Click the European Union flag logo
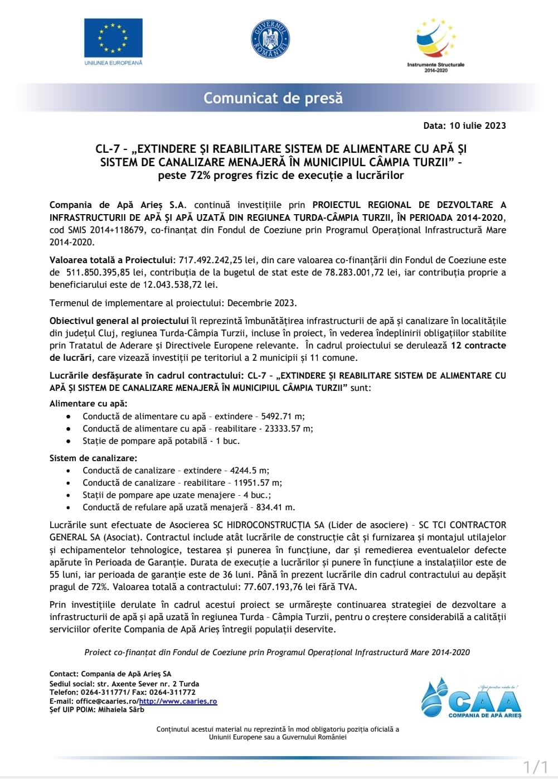pyautogui.click(x=113, y=37)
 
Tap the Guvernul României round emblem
pyautogui.click(x=270, y=39)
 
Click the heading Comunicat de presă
pyautogui.click(x=273, y=98)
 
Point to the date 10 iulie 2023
pyautogui.click(x=478, y=125)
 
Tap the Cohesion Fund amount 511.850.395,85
pyautogui.click(x=98, y=272)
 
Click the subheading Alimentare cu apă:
pyautogui.click(x=89, y=403)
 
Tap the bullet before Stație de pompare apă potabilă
pyautogui.click(x=68, y=441)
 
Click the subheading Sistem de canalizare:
pyautogui.click(x=93, y=458)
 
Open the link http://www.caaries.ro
pyautogui.click(x=178, y=701)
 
